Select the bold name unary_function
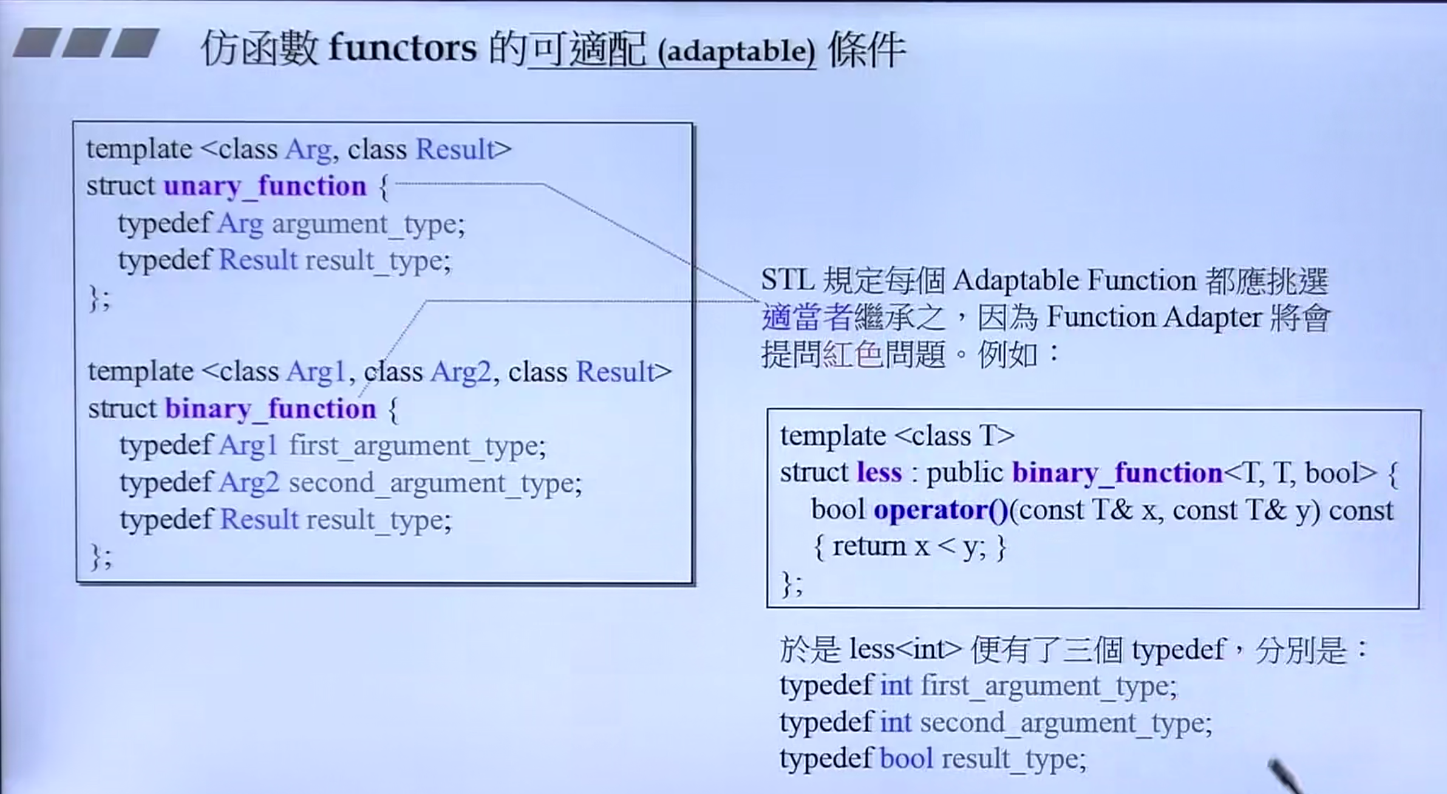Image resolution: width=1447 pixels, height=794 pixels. (265, 186)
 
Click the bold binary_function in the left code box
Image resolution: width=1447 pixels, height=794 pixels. (271, 409)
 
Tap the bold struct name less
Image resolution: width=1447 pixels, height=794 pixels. (879, 472)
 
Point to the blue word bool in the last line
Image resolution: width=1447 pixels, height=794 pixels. (907, 759)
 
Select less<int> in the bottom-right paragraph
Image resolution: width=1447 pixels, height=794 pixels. (906, 650)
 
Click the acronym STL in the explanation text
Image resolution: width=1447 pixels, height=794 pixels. (788, 280)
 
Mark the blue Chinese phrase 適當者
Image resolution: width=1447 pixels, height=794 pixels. (808, 317)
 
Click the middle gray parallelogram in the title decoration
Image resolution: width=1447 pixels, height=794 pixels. (86, 42)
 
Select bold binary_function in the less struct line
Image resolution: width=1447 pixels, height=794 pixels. (1117, 473)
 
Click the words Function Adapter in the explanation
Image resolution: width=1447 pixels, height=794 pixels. (1154, 317)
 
